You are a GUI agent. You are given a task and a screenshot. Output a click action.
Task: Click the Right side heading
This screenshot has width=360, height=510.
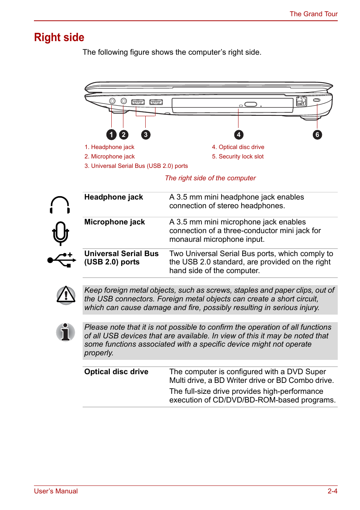click(x=59, y=37)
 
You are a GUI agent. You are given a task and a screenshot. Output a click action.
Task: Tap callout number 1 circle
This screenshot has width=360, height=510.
click(x=111, y=135)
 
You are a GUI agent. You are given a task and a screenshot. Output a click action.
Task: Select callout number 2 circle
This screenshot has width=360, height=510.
click(x=123, y=135)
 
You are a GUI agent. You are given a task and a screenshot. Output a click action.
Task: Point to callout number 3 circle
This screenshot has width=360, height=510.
click(x=146, y=135)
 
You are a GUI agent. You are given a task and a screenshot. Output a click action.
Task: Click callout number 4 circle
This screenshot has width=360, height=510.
click(x=238, y=135)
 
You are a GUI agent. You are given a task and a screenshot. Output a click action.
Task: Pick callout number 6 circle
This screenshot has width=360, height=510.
click(x=317, y=135)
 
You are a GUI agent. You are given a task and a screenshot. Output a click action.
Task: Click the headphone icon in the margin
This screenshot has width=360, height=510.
click(x=60, y=205)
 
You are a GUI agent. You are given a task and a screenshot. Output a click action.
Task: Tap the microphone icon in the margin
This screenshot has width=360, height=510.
click(x=60, y=233)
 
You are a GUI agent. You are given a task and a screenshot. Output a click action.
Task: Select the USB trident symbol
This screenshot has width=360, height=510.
click(x=62, y=260)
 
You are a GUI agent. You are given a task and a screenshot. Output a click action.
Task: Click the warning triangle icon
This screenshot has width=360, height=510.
click(x=66, y=295)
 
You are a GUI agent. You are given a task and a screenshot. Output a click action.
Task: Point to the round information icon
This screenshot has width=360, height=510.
click(x=66, y=332)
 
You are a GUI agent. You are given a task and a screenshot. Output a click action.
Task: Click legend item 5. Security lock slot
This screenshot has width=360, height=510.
click(x=238, y=157)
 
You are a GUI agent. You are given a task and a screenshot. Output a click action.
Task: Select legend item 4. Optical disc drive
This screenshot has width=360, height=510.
click(x=238, y=147)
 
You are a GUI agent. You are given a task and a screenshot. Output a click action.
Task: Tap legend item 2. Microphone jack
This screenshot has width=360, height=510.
click(x=109, y=157)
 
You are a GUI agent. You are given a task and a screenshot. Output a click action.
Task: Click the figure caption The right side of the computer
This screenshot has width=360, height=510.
click(x=210, y=178)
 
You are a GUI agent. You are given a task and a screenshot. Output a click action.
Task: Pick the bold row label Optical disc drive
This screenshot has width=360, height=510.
click(x=116, y=372)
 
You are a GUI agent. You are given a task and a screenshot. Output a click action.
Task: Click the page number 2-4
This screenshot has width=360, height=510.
click(x=332, y=491)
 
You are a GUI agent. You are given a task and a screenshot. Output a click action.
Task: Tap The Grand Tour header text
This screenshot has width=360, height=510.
click(x=313, y=14)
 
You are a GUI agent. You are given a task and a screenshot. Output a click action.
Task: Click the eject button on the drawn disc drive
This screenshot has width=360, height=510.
click(x=251, y=104)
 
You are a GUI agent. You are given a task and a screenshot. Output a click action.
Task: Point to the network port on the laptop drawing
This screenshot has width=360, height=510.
click(x=301, y=101)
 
